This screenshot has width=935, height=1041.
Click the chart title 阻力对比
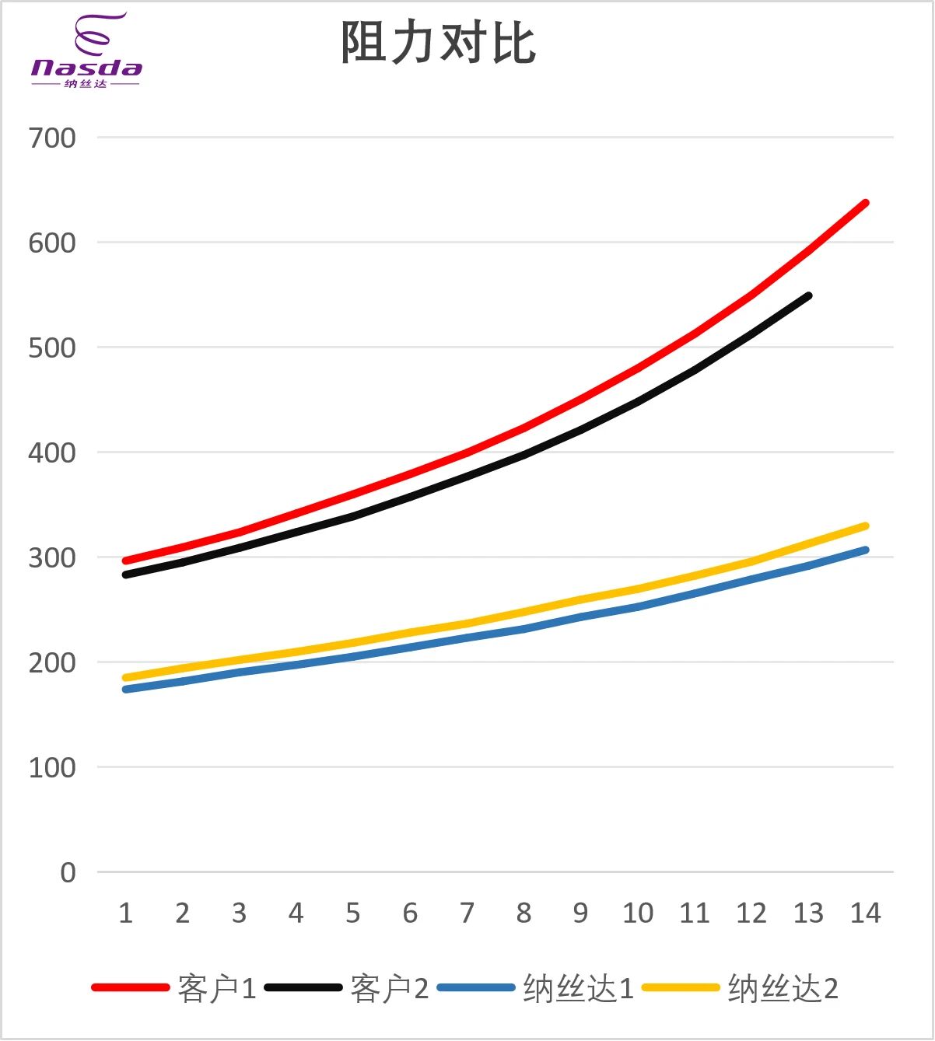coord(438,42)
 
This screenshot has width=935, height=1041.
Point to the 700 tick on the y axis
coord(52,138)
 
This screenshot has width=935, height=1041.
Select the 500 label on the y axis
coord(52,348)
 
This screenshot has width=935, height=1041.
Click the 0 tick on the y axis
coord(68,873)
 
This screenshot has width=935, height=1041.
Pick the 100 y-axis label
coord(52,768)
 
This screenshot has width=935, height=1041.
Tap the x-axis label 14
coord(865,913)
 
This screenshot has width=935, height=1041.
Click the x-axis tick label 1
coord(125,913)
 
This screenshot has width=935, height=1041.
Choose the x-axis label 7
coord(467,913)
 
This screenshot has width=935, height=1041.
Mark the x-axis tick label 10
coord(638,913)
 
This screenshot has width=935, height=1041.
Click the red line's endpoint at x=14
coord(865,204)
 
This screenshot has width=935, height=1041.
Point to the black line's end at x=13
coord(808,296)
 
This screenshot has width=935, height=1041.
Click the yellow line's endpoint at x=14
coord(865,526)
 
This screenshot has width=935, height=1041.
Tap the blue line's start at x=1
coord(125,690)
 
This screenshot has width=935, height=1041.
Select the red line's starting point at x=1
coord(125,561)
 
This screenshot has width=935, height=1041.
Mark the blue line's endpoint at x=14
coord(865,550)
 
